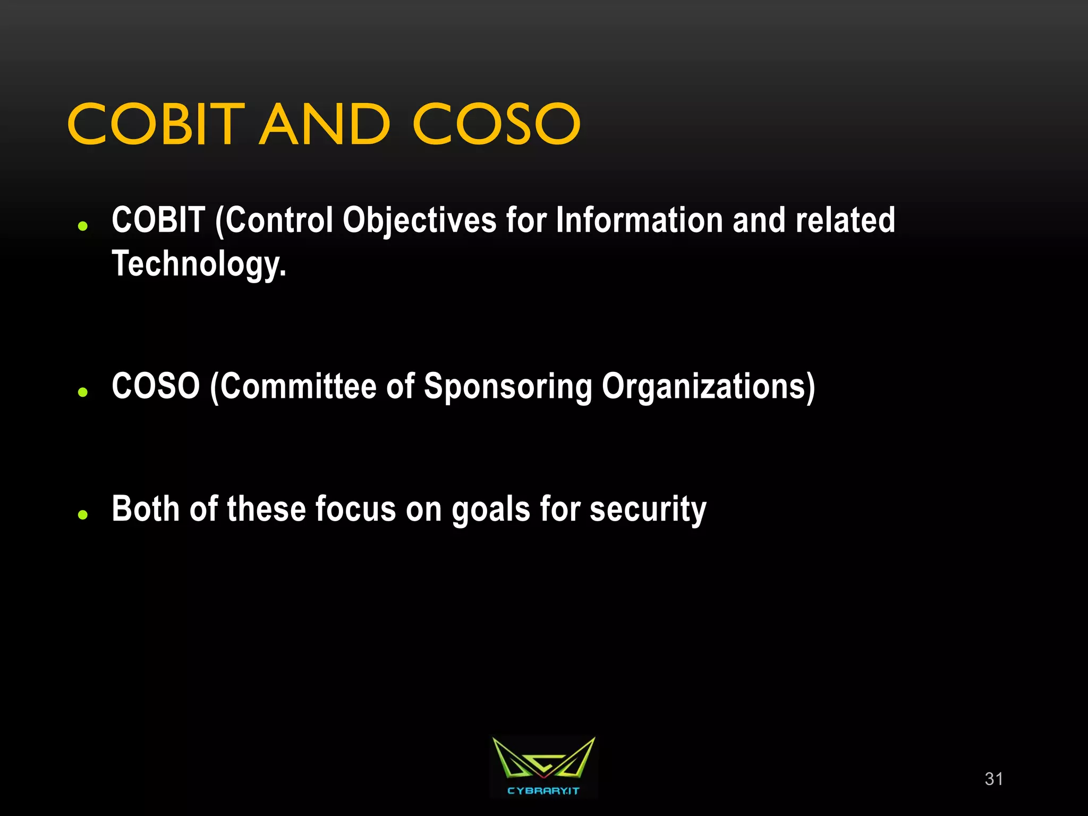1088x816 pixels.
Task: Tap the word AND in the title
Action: pos(325,124)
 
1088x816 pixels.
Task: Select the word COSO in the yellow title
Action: pos(496,124)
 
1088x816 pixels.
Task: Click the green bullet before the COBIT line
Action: pos(82,226)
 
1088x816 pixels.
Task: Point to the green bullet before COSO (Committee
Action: pos(82,392)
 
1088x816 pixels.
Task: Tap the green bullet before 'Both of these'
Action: pos(82,514)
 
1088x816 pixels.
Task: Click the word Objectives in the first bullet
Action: pos(419,220)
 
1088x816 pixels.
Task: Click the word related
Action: pos(845,220)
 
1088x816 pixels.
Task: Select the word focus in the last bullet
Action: pos(355,509)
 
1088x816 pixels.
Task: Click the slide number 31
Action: pos(993,779)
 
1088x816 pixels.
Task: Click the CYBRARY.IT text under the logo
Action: pos(543,791)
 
